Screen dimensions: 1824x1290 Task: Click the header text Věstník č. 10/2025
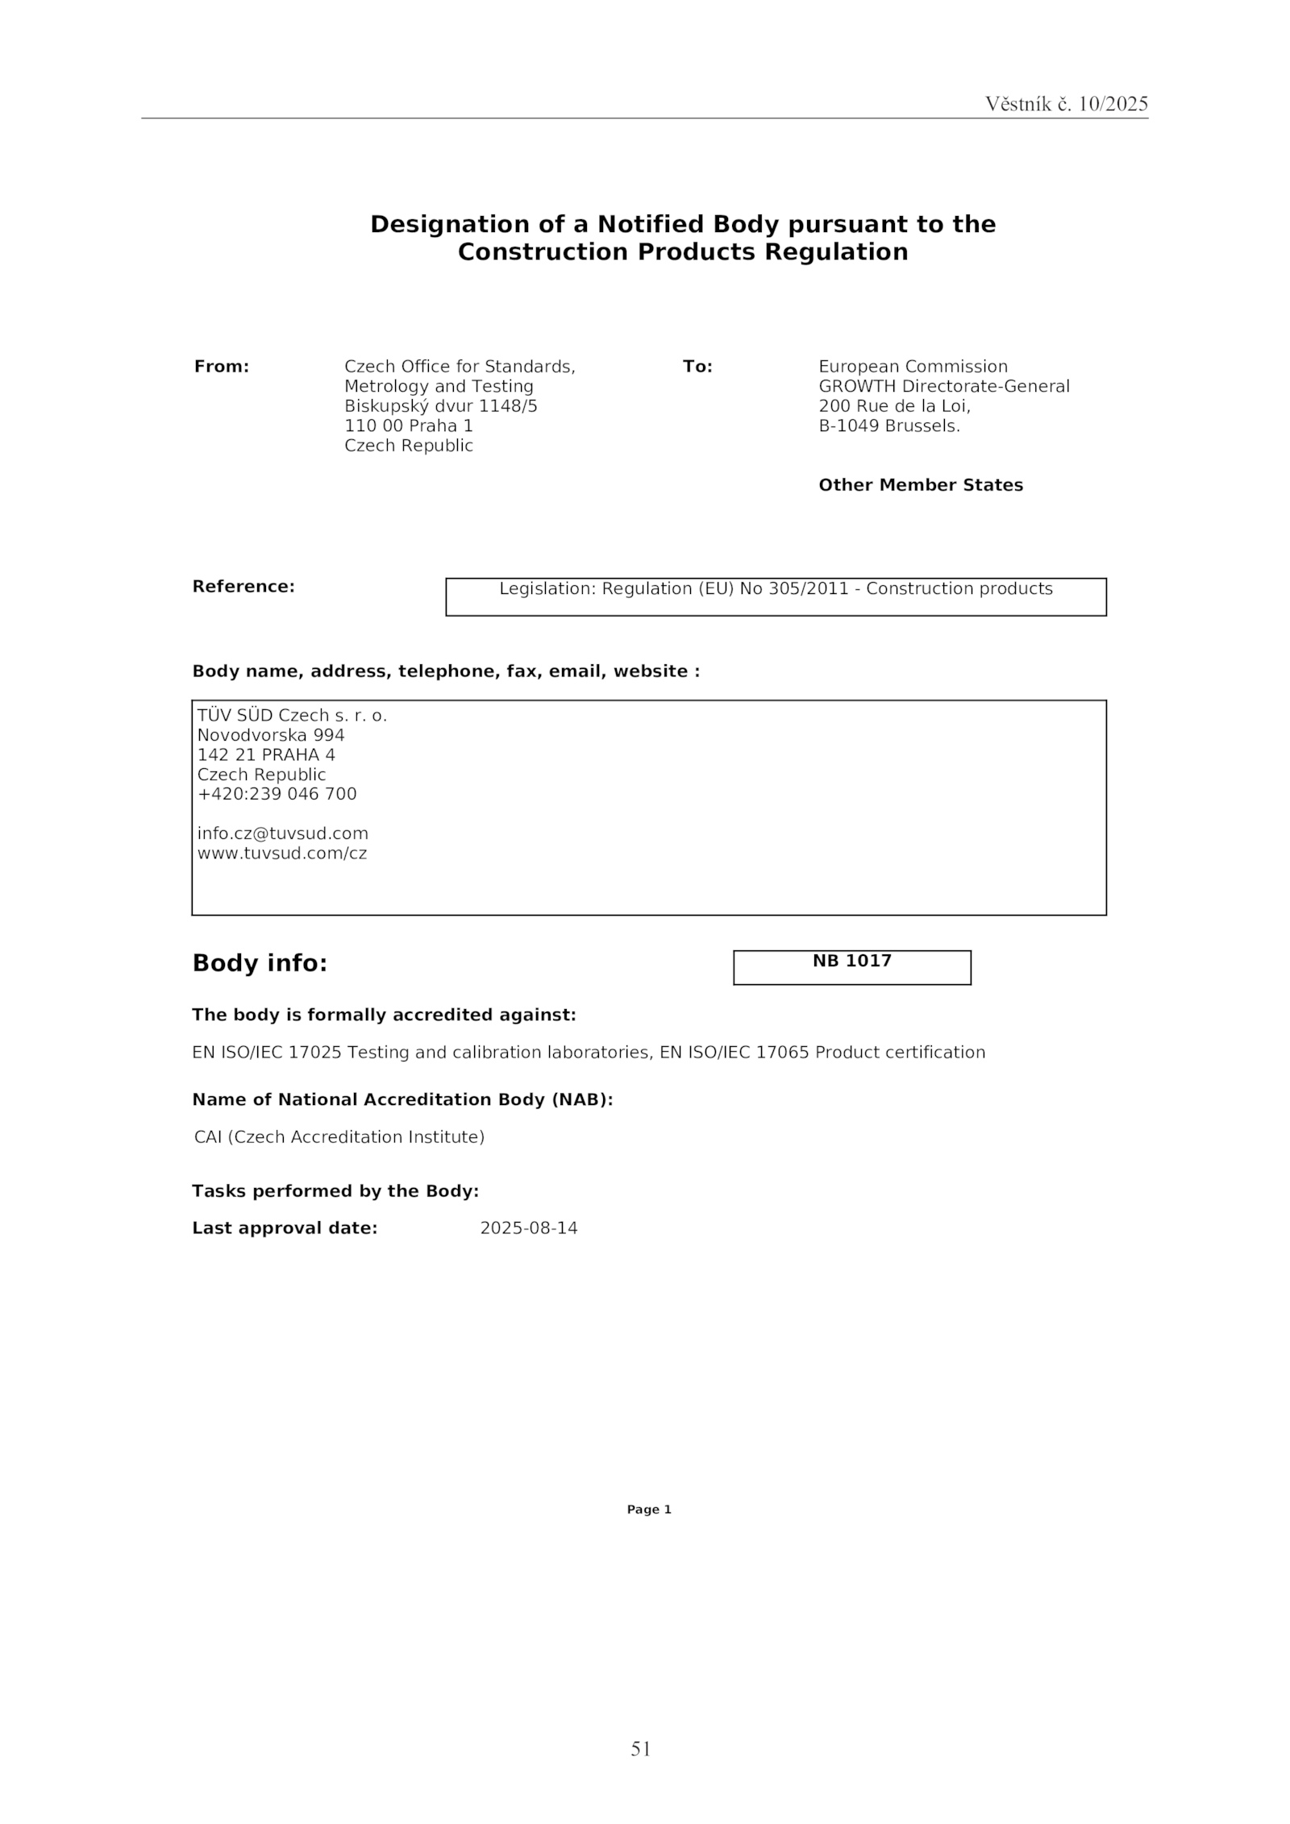pyautogui.click(x=1066, y=104)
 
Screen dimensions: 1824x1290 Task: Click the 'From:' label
pyautogui.click(x=222, y=367)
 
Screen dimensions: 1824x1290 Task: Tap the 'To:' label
pyautogui.click(x=697, y=367)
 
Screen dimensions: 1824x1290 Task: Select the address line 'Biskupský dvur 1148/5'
pyautogui.click(x=440, y=406)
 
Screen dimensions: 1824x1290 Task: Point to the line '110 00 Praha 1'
pyautogui.click(x=408, y=426)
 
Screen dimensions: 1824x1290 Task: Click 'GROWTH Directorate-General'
pyautogui.click(x=943, y=386)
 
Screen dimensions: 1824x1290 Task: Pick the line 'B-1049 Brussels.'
pyautogui.click(x=888, y=426)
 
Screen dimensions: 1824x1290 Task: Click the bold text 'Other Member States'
pyautogui.click(x=920, y=485)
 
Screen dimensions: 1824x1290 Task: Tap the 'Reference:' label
pyautogui.click(x=243, y=587)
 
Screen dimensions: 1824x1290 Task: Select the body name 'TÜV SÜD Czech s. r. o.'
pyautogui.click(x=292, y=716)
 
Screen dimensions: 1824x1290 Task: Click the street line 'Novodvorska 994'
pyautogui.click(x=271, y=735)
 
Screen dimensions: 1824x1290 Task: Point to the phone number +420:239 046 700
pyautogui.click(x=277, y=794)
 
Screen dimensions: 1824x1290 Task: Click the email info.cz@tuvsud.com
pyautogui.click(x=282, y=833)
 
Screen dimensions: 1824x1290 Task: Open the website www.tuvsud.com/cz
pyautogui.click(x=282, y=853)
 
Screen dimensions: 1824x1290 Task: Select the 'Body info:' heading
pyautogui.click(x=260, y=963)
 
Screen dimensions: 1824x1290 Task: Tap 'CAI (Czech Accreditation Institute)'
pyautogui.click(x=339, y=1137)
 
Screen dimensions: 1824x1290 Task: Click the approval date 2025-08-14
pyautogui.click(x=529, y=1228)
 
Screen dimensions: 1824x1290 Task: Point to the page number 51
pyautogui.click(x=640, y=1748)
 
